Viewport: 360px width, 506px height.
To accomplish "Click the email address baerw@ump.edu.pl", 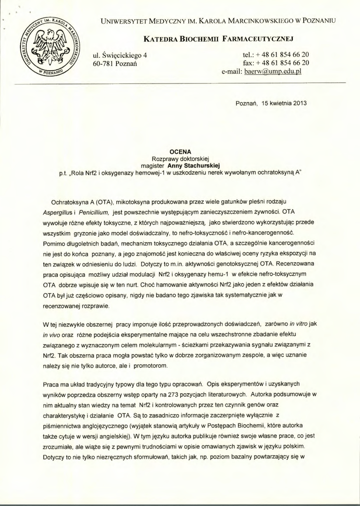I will [273, 71].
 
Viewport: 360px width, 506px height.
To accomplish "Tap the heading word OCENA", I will [180, 152].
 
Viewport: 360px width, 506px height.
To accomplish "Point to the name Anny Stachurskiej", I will [194, 166].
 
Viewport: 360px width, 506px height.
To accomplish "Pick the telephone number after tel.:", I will [283, 54].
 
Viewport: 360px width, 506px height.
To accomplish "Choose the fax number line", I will [276, 63].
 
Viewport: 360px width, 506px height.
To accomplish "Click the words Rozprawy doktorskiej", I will [180, 159].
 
